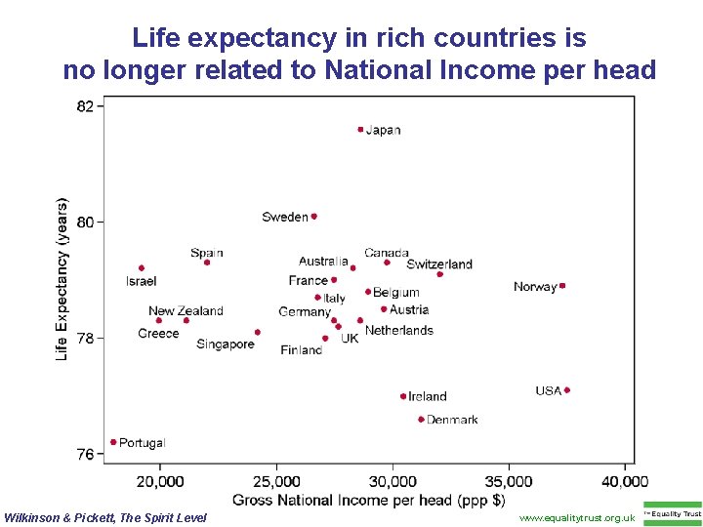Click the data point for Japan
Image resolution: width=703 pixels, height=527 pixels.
[360, 129]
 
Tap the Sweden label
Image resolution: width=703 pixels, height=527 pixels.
[285, 217]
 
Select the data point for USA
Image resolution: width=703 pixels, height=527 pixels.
[566, 390]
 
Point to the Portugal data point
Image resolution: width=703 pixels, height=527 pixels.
[113, 442]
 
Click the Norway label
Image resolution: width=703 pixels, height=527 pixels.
[535, 287]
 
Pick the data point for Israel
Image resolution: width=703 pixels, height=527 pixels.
[142, 267]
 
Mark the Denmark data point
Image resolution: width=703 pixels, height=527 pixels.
[421, 420]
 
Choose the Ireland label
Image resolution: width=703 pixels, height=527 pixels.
[428, 396]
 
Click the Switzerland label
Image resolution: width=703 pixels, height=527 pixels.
[439, 264]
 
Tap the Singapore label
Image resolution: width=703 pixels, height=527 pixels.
[225, 345]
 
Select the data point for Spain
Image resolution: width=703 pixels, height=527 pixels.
[207, 262]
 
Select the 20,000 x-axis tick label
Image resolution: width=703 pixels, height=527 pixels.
[160, 481]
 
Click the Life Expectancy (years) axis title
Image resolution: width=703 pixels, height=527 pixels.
[62, 280]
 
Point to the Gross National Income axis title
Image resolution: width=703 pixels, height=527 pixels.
[368, 501]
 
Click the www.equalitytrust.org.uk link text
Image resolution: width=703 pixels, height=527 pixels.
[577, 517]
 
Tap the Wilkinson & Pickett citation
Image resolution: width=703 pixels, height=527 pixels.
[106, 517]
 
